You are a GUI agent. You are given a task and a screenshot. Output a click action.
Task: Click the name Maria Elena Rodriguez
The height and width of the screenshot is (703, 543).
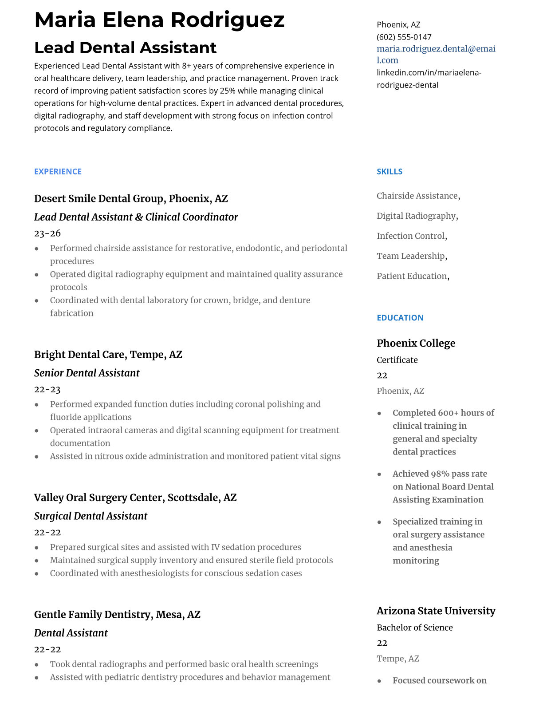coord(159,20)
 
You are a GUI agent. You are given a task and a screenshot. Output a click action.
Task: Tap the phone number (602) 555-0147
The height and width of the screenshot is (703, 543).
coord(404,37)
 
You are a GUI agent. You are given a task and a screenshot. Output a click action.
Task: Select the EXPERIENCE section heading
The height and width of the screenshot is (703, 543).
coord(58,172)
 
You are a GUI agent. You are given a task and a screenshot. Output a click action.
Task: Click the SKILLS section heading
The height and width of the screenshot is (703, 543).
coord(390,172)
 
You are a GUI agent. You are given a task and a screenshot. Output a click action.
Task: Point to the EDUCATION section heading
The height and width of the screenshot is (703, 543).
coord(400,318)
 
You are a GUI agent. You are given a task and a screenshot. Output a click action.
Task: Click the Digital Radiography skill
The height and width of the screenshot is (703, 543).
coord(416,216)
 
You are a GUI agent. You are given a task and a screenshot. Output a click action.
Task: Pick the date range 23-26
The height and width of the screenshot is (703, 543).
coord(47,233)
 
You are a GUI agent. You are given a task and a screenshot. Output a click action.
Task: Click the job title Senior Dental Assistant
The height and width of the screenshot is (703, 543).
coord(87,373)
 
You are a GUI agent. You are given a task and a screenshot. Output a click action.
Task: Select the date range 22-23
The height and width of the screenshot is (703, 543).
coord(47,390)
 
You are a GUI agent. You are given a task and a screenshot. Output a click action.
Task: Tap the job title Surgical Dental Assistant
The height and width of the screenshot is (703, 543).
coord(90,516)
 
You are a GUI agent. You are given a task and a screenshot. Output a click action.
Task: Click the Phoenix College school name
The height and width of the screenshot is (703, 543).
coord(416,343)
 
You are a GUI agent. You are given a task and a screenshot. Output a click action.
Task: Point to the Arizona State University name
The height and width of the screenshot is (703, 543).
coord(436,611)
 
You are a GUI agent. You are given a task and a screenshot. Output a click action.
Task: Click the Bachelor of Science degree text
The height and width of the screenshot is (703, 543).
coord(415,628)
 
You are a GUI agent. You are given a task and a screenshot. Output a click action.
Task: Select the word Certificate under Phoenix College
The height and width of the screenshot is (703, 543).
coord(397,360)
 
